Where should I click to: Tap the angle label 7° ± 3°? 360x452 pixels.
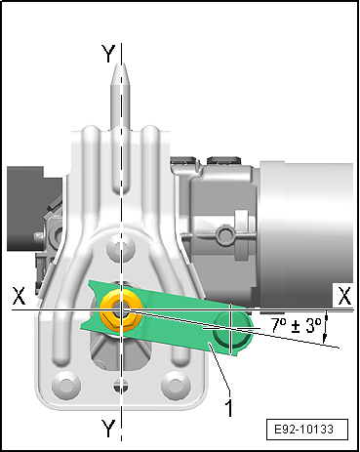coord(296,326)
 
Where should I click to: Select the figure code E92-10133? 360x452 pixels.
coord(304,430)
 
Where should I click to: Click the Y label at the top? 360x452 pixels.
coord(108,54)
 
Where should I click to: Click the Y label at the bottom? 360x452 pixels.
coord(108,429)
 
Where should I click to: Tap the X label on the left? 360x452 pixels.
coord(19,296)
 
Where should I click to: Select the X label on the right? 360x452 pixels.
coord(344,297)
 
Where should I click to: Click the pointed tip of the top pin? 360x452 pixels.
coord(120,63)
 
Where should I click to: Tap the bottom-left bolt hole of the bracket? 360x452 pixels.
coord(66,385)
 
